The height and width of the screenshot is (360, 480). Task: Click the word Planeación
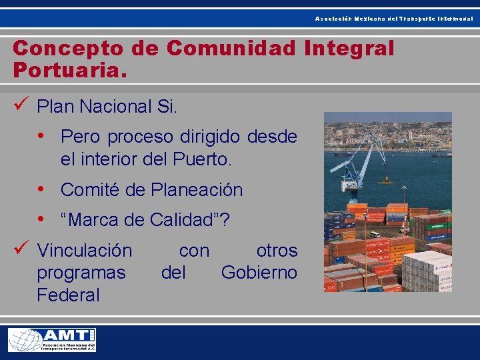(x=197, y=190)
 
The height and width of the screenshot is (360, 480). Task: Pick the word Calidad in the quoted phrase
(x=189, y=219)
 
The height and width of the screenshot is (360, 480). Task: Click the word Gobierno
(x=259, y=273)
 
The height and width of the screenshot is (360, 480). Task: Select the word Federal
(x=68, y=295)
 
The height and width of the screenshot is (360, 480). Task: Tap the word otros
(x=277, y=251)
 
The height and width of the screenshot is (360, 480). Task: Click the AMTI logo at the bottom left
(x=52, y=340)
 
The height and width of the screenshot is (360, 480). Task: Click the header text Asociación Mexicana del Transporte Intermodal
(x=394, y=19)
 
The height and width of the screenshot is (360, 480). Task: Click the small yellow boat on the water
(x=385, y=180)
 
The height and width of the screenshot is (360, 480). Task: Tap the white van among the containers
(x=375, y=234)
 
